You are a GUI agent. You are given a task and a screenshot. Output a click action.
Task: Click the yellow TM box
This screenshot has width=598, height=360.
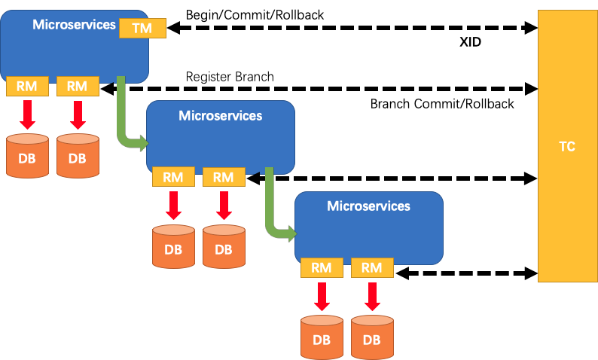pos(142,28)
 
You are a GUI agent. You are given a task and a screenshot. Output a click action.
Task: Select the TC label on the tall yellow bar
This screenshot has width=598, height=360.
pos(567,147)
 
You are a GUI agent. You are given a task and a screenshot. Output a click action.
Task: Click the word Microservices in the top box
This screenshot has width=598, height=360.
pos(74,25)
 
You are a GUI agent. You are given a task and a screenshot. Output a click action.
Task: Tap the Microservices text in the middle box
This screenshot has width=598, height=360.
pos(220,115)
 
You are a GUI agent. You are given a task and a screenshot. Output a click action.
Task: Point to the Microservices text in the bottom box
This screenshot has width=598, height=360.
pos(368,206)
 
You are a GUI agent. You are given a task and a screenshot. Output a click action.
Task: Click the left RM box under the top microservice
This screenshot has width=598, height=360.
pos(27,87)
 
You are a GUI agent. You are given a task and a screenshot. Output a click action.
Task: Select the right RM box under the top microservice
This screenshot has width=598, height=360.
pos(78,87)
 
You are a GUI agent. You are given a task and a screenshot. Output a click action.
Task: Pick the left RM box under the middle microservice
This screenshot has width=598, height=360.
pos(173,177)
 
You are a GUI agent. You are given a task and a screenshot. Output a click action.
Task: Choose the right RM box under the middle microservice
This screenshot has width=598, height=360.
pos(224,177)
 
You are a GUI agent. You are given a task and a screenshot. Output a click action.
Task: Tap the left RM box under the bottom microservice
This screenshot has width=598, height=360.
pos(322,267)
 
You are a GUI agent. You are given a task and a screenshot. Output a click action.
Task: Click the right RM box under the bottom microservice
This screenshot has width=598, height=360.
pos(372,267)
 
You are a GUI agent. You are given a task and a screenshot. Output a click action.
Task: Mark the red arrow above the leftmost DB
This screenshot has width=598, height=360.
pos(27,114)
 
